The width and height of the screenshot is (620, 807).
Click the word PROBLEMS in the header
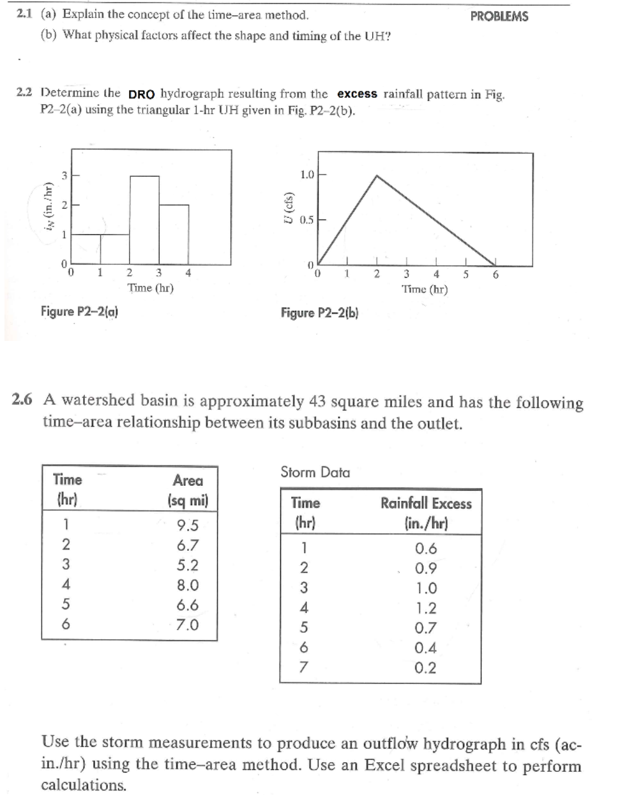pos(499,17)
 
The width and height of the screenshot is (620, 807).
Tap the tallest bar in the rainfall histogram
pos(144,220)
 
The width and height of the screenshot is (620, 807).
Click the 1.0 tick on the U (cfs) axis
pos(306,174)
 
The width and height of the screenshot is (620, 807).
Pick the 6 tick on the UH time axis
pos(496,275)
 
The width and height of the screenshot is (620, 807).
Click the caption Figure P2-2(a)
pos(79,312)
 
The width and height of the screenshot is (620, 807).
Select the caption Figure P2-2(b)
pos(319,313)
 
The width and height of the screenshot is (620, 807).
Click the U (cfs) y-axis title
pos(289,208)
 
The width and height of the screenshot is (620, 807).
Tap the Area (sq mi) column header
pos(188,490)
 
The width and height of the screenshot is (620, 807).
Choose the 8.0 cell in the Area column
pos(187,585)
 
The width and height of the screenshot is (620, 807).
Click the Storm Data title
pos(315,472)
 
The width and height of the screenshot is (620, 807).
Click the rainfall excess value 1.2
pos(425,608)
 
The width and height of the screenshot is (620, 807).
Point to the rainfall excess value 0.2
pos(425,668)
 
